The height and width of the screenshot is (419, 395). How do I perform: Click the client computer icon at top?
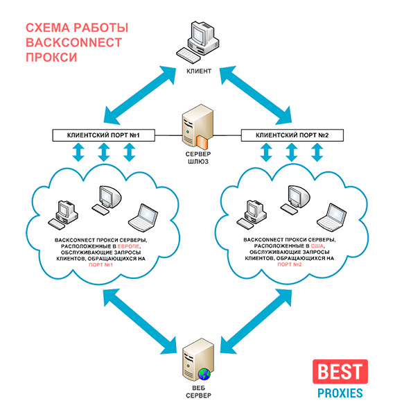point(197,41)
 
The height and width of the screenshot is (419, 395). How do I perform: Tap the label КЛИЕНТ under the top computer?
point(199,71)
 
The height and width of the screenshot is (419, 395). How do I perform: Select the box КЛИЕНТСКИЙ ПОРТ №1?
point(103,135)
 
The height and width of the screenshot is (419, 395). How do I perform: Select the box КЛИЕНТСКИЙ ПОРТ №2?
point(292,135)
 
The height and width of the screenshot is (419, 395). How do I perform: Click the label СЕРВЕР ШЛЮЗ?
point(198,157)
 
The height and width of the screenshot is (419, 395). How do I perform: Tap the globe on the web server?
point(204,374)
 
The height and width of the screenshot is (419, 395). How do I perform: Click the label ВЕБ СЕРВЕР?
point(198,392)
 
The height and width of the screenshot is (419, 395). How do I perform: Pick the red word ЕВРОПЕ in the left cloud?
point(128,246)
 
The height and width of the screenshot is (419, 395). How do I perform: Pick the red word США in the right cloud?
point(317,246)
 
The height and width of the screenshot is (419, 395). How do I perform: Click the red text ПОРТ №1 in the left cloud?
point(101,265)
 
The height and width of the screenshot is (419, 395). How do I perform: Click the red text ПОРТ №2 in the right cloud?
point(290,264)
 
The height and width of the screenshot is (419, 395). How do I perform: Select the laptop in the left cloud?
point(143,218)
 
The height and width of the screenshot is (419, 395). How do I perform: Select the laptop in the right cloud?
point(332,217)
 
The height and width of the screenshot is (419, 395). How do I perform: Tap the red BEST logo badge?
point(340,371)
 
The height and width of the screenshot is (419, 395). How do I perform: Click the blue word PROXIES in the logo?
point(340,393)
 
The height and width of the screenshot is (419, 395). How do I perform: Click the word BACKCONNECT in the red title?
point(73,43)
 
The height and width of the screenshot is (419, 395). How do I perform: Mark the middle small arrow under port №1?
point(104,152)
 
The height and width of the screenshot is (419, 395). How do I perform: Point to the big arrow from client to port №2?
point(256,96)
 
